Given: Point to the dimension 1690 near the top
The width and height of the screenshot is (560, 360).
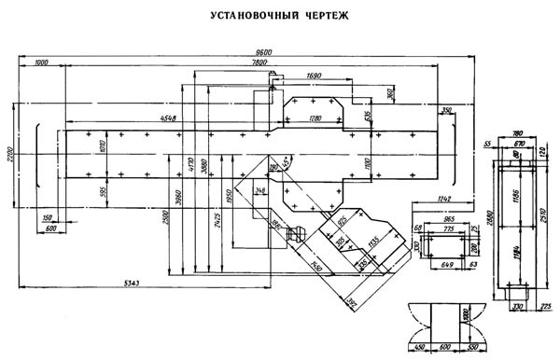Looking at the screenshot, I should tap(314, 75).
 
